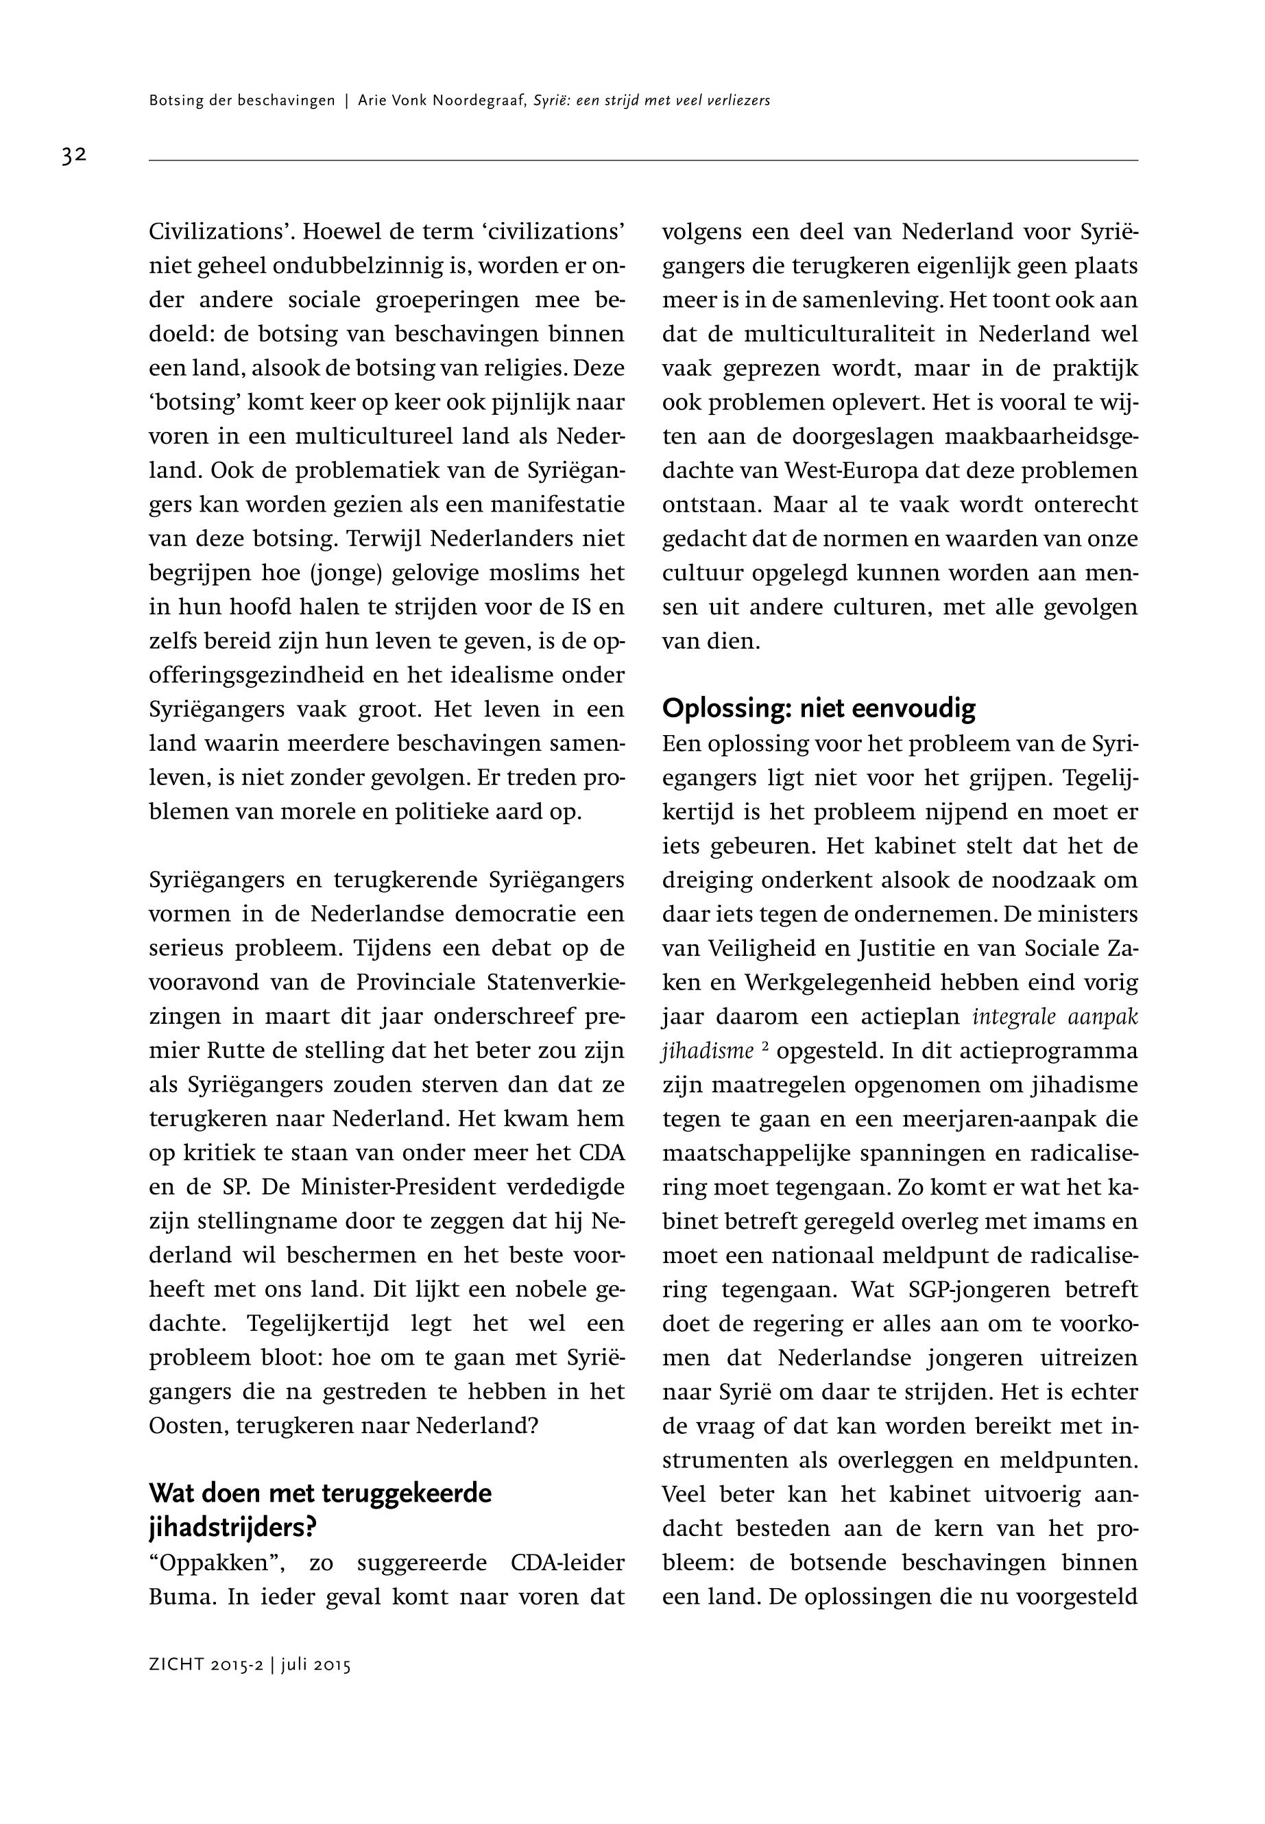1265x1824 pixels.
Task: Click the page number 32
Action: [x=74, y=156]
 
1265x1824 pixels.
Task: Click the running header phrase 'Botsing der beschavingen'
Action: [x=242, y=101]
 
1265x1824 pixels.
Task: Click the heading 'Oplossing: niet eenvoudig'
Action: [x=819, y=708]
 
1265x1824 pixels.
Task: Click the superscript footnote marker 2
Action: [x=766, y=1046]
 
